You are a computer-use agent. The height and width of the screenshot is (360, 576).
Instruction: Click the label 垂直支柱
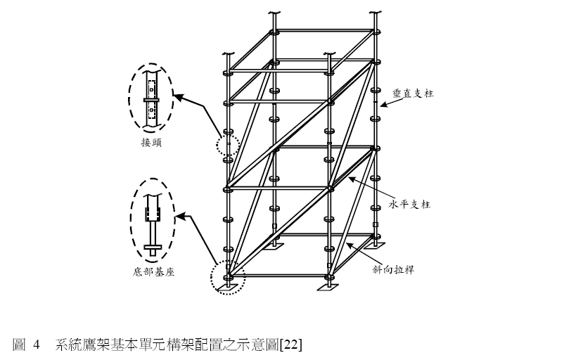(x=413, y=92)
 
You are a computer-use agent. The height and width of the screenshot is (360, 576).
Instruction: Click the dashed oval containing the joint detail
(x=149, y=98)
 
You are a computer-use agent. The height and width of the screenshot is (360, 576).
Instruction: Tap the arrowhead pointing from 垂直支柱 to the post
(x=380, y=105)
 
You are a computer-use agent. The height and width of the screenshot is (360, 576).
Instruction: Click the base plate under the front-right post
(x=328, y=288)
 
